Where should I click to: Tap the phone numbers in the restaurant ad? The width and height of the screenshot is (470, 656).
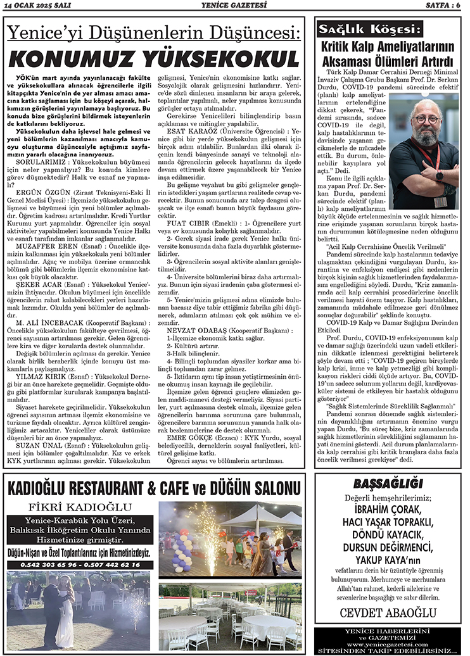click(x=79, y=565)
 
